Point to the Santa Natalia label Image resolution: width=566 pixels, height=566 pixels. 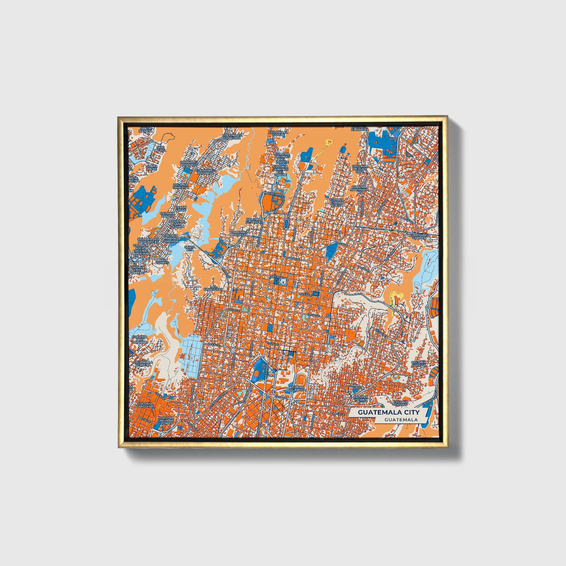pos(146,129)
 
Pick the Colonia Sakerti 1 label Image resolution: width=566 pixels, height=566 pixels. pos(180,186)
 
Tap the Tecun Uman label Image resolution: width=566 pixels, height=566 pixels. pos(181,209)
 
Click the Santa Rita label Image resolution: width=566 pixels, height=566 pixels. pos(190,248)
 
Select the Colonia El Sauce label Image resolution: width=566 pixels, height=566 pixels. pos(253,220)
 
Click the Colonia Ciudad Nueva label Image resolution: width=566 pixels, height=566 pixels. pos(336,201)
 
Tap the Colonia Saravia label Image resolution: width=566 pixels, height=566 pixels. pos(418,364)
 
